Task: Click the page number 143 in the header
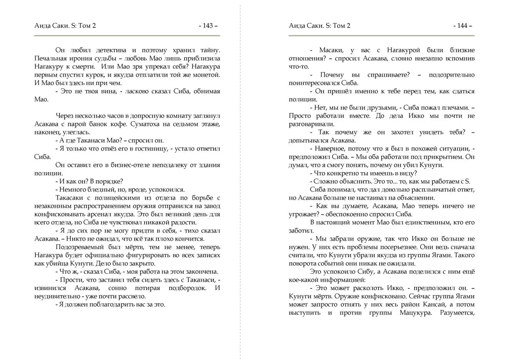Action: [x=208, y=26]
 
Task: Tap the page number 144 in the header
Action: [x=462, y=26]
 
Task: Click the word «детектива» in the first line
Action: [x=111, y=50]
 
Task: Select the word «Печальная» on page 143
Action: [x=51, y=58]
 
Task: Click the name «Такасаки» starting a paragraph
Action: [x=68, y=198]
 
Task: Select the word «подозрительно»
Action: [x=451, y=75]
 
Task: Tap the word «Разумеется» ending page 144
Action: [x=457, y=313]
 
